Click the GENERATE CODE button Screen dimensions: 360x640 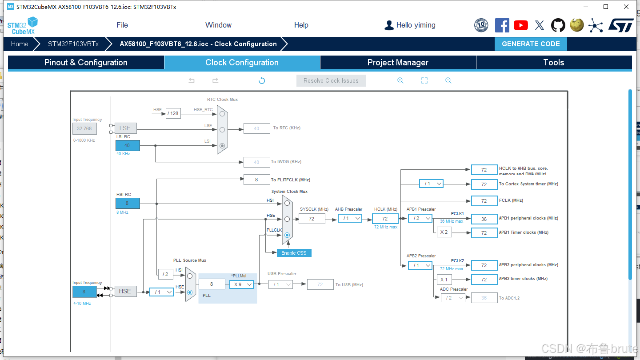(x=531, y=44)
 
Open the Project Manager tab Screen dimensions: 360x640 (x=398, y=63)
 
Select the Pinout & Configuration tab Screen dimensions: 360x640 (x=86, y=63)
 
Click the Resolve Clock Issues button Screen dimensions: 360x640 (x=331, y=80)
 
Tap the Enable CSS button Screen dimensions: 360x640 (x=294, y=253)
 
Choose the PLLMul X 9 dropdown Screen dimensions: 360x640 (x=241, y=284)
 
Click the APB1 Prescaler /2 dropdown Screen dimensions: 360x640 (x=420, y=218)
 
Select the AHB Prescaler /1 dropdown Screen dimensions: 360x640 (x=350, y=218)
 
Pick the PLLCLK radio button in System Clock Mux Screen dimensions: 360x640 (x=287, y=235)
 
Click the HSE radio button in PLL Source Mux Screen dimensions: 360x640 (x=190, y=292)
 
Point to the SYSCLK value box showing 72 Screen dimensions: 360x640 (x=312, y=219)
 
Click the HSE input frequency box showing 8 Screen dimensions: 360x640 (x=84, y=292)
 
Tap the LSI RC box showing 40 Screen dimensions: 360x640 (x=128, y=145)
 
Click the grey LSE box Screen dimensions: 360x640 (x=125, y=128)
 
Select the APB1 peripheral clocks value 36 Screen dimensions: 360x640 (x=484, y=219)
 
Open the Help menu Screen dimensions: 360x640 (x=301, y=25)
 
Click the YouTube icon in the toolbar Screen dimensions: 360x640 (x=520, y=25)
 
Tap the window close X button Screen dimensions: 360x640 (x=626, y=7)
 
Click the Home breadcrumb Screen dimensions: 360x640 (x=20, y=44)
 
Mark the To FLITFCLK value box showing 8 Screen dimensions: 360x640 (x=256, y=180)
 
